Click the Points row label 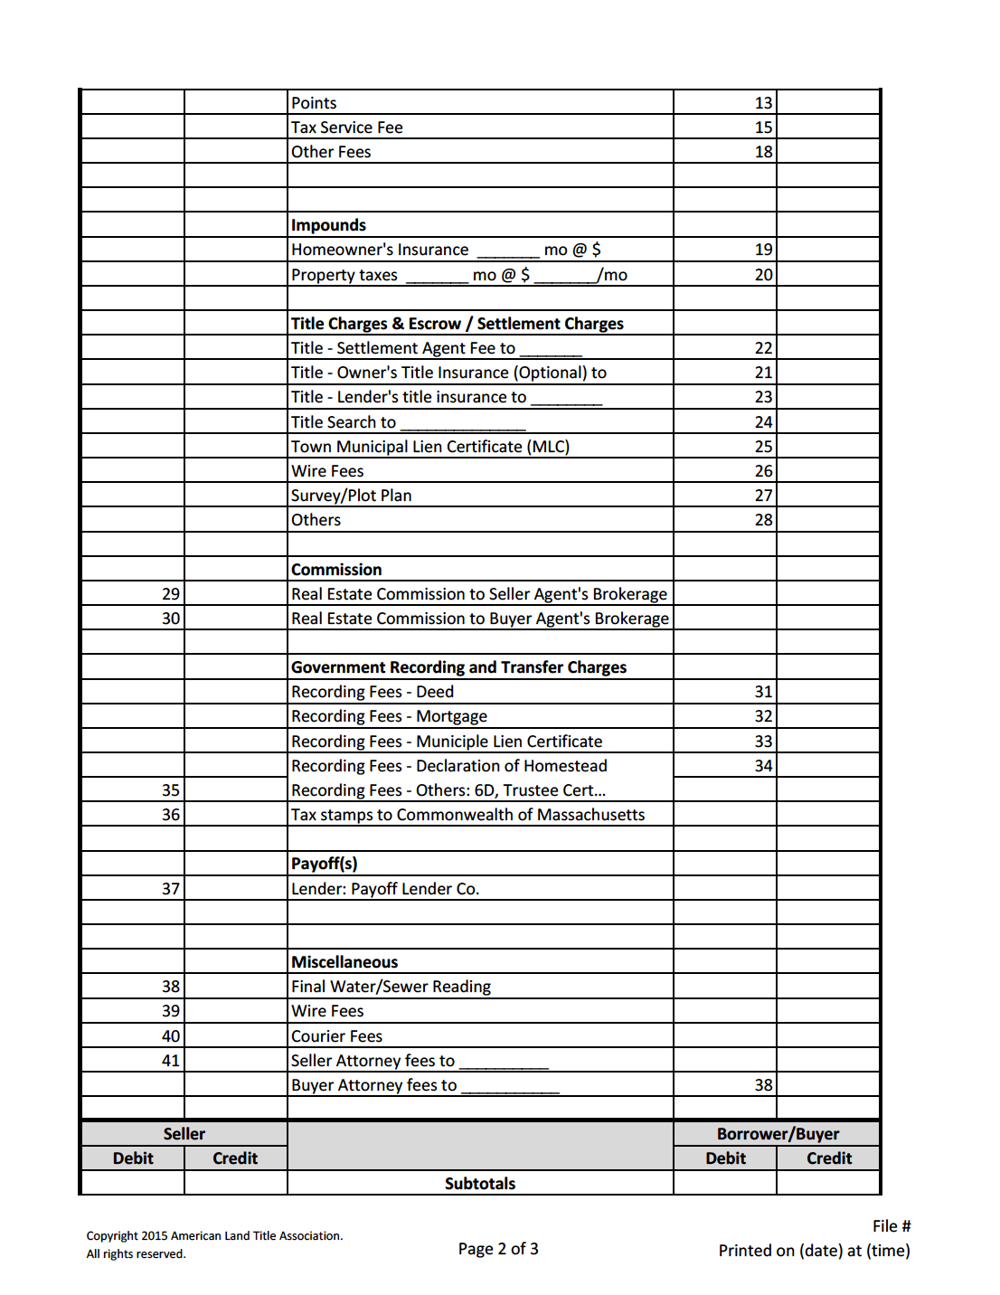pos(314,103)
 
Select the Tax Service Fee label pos(346,128)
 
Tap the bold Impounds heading pos(328,225)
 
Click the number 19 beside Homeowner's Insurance pos(763,250)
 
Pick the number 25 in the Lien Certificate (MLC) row pos(763,447)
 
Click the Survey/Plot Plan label pos(351,496)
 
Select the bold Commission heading pos(336,570)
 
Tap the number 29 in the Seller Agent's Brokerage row pos(171,594)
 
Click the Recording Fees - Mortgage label pos(389,716)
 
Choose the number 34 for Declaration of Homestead pos(763,766)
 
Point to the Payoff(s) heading pos(324,864)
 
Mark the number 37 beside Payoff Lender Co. pos(171,889)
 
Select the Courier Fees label pos(336,1036)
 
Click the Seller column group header pos(184,1134)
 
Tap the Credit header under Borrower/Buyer pos(829,1158)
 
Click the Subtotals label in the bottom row pos(480,1184)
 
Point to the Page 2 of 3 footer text pos(498,1249)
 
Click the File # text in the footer pos(892,1226)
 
